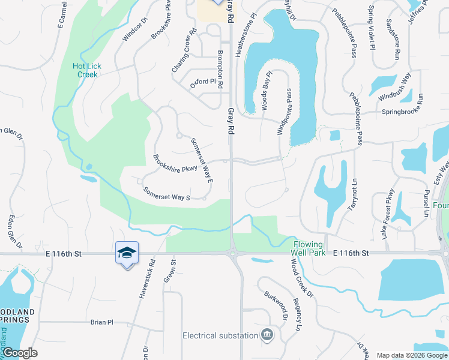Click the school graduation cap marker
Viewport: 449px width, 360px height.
click(127, 253)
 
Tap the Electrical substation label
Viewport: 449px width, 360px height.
click(220, 335)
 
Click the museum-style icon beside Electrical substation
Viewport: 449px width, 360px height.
click(268, 334)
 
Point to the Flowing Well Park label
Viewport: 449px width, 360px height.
click(308, 245)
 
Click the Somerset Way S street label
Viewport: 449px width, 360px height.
click(166, 193)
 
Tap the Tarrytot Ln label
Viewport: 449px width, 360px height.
click(352, 198)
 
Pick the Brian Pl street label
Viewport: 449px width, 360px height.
click(101, 322)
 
